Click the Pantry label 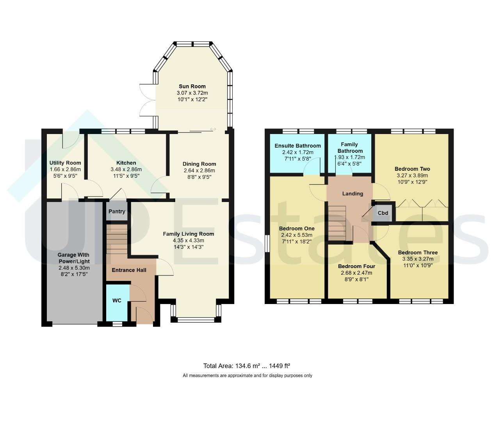(117, 211)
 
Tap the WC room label (117, 300)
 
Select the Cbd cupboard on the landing (383, 213)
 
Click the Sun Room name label (192, 86)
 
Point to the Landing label (353, 193)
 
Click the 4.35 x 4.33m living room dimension (189, 240)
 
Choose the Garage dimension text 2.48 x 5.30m (74, 268)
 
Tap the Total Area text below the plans (247, 366)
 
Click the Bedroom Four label (356, 266)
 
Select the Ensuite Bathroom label (298, 146)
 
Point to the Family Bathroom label (350, 148)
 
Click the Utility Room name (65, 163)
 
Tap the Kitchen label (126, 163)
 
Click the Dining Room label (199, 164)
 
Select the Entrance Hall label (129, 270)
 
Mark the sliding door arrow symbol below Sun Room (213, 129)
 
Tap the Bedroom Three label (418, 252)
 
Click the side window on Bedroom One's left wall (267, 243)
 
